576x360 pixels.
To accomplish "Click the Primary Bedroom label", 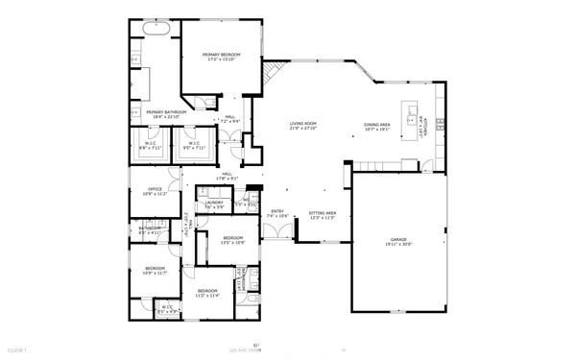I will pyautogui.click(x=221, y=58).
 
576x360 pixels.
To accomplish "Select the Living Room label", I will pyautogui.click(x=304, y=126).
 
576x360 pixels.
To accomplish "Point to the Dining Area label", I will pyautogui.click(x=376, y=127).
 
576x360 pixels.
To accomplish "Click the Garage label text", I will pyautogui.click(x=397, y=241).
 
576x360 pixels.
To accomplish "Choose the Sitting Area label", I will pyautogui.click(x=322, y=215).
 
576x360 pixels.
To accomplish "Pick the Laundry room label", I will pyautogui.click(x=214, y=204).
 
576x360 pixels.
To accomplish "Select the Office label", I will pyautogui.click(x=155, y=191).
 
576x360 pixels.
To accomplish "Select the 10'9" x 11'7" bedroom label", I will pyautogui.click(x=155, y=270).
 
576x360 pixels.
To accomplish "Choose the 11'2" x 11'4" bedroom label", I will pyautogui.click(x=208, y=293).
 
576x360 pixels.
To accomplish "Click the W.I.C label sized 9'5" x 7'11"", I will pyautogui.click(x=194, y=147).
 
